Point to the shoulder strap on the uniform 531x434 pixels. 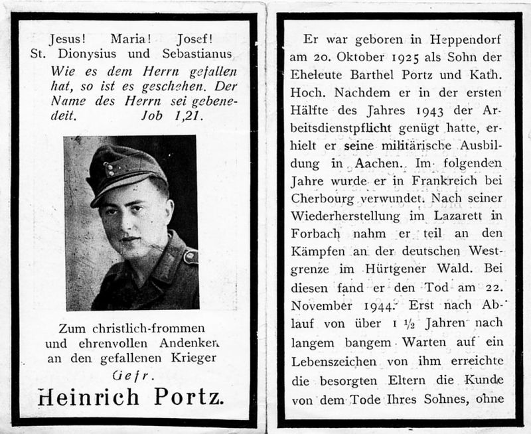click(190, 255)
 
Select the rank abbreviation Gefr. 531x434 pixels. click(131, 376)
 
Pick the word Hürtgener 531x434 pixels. click(394, 270)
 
